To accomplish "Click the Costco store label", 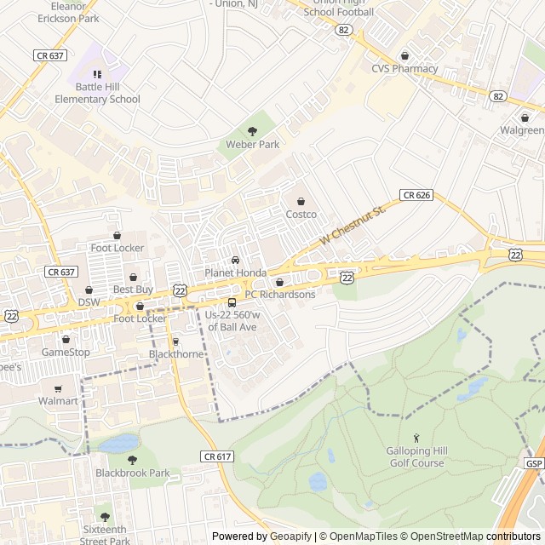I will click(301, 214).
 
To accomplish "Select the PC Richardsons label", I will click(280, 295).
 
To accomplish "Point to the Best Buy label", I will click(133, 290).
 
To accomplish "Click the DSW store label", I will click(89, 302).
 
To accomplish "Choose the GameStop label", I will click(66, 352).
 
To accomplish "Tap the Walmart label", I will click(58, 400).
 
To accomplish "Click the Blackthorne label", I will click(176, 354).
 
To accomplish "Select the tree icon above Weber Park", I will click(252, 131).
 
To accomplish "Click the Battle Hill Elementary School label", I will click(97, 93).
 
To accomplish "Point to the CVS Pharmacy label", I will click(404, 69).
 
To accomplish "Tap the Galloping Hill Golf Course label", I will click(417, 456).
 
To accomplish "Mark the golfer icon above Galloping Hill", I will click(416, 437).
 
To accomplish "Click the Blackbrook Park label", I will click(132, 473).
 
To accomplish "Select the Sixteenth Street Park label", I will click(105, 535).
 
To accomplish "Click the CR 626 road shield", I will click(416, 195).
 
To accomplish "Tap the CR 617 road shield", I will click(217, 456).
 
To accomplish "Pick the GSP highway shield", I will click(533, 463).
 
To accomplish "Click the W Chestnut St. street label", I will click(353, 226).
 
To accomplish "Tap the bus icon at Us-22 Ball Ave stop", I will click(232, 302).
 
